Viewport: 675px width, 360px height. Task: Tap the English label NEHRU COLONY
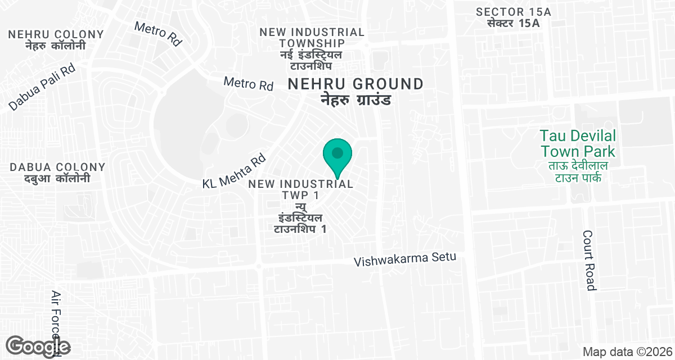pyautogui.click(x=56, y=34)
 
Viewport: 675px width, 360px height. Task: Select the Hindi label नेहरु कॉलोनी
pyautogui.click(x=56, y=46)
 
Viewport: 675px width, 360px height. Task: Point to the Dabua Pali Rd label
pyautogui.click(x=42, y=87)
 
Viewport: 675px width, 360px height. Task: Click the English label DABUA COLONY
pyautogui.click(x=57, y=167)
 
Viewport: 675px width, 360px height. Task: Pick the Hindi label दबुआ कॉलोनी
pyautogui.click(x=57, y=179)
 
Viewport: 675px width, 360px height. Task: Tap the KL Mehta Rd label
pyautogui.click(x=233, y=172)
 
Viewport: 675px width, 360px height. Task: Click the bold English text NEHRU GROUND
pyautogui.click(x=355, y=84)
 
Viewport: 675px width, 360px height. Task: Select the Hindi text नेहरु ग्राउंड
pyautogui.click(x=355, y=100)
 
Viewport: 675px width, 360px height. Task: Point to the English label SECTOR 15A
pyautogui.click(x=514, y=12)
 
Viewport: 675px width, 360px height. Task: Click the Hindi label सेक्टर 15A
pyautogui.click(x=514, y=23)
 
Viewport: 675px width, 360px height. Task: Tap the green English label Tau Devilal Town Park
pyautogui.click(x=578, y=143)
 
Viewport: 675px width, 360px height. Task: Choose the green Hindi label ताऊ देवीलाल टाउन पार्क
pyautogui.click(x=578, y=172)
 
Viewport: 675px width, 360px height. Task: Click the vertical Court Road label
pyautogui.click(x=589, y=260)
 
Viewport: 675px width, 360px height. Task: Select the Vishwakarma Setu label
pyautogui.click(x=404, y=260)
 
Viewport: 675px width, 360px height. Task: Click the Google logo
pyautogui.click(x=38, y=346)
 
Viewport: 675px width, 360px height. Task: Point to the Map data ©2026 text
pyautogui.click(x=627, y=352)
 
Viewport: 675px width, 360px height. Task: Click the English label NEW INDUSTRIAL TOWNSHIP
pyautogui.click(x=312, y=37)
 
